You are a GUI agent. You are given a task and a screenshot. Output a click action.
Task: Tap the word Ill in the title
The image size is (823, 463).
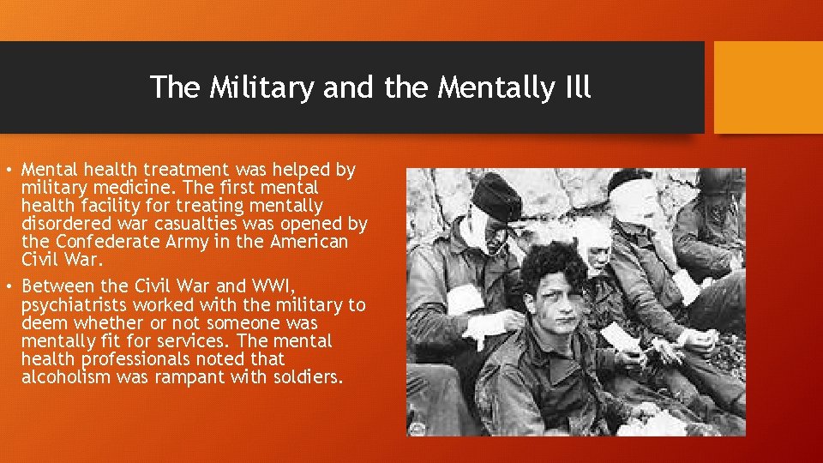(x=574, y=87)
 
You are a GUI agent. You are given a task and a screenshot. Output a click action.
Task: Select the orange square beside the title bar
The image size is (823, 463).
(x=768, y=87)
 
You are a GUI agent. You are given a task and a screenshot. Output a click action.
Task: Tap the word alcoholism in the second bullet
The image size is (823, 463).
(x=63, y=377)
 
